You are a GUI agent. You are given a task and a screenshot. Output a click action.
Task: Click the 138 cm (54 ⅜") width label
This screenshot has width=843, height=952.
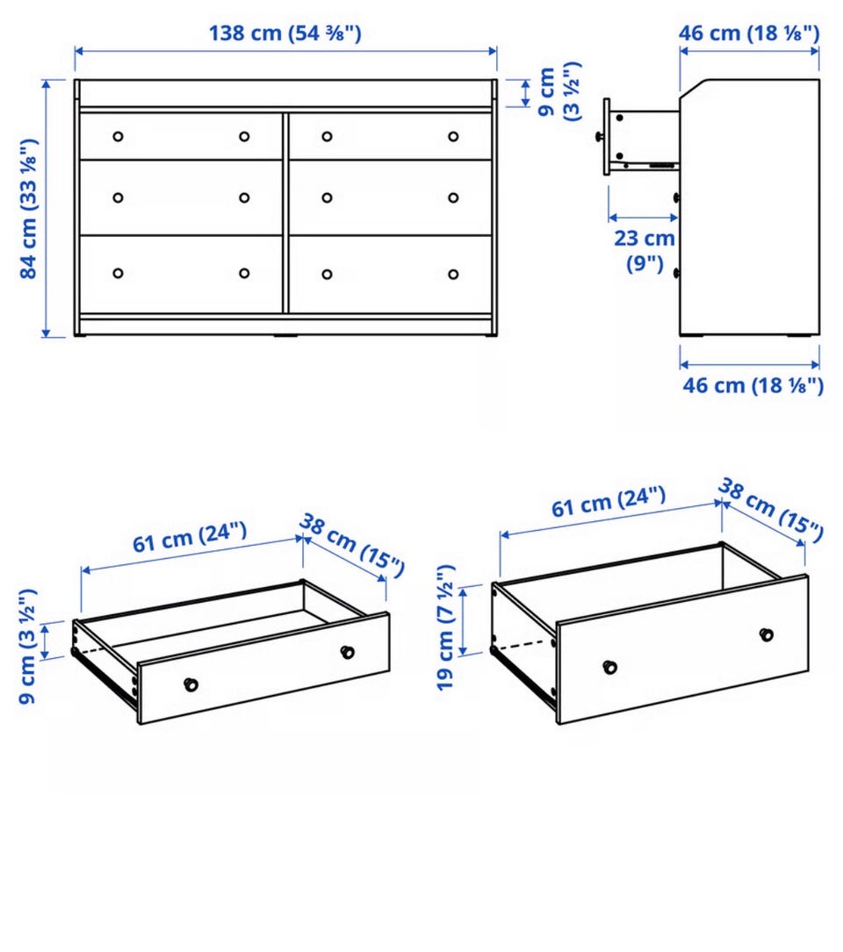point(285,32)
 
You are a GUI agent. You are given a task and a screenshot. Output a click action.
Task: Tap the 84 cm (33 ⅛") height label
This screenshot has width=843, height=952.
point(29,208)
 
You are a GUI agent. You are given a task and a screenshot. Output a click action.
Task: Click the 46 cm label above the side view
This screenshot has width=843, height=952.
point(749,32)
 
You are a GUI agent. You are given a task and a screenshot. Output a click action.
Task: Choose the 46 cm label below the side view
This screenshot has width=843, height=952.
point(753,385)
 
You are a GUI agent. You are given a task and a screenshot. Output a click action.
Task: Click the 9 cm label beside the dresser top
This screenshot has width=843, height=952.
point(559,91)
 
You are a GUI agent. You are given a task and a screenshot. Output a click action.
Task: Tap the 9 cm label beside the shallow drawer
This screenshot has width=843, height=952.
point(28,646)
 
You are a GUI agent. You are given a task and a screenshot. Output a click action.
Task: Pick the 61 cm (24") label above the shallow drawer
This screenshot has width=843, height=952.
point(190,537)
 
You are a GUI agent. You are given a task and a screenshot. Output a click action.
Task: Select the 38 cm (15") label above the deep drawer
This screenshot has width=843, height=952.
point(771,510)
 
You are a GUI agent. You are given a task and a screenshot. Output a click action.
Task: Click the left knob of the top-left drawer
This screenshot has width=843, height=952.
point(118,137)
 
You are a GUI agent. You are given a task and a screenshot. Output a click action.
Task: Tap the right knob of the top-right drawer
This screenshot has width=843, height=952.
point(453,137)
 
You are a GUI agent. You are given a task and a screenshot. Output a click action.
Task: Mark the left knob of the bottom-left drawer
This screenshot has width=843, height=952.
point(118,273)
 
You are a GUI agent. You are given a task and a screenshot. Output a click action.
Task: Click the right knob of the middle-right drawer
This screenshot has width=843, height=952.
point(453,198)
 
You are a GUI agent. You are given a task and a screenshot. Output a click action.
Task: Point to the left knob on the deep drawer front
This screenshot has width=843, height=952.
point(609,667)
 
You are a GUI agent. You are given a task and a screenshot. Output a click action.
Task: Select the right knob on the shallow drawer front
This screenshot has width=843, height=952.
point(347,652)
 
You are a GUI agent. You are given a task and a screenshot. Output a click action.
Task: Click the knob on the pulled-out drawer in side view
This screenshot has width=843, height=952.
point(599,137)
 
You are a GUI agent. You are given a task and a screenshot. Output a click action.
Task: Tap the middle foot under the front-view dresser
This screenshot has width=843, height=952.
point(285,334)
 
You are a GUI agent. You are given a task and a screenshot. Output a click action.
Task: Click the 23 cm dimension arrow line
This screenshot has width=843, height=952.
point(643,218)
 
